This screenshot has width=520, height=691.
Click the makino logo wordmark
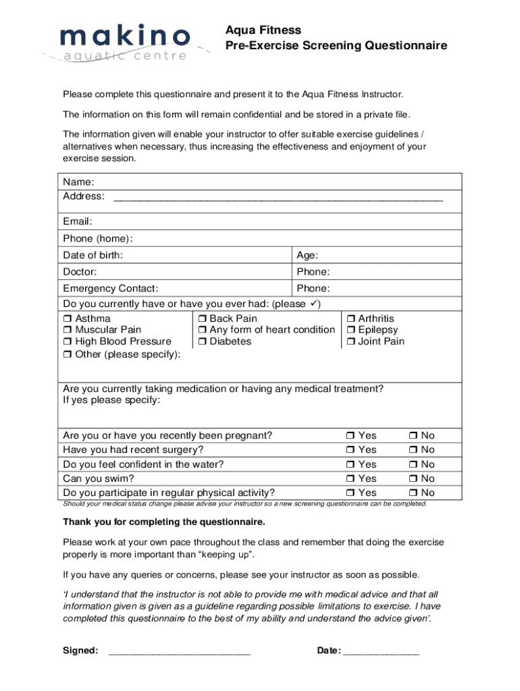click(125, 36)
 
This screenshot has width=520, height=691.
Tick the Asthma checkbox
click(68, 319)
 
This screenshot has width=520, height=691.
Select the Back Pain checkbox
click(202, 319)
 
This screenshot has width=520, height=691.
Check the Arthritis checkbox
click(350, 319)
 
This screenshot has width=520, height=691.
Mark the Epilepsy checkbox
click(350, 331)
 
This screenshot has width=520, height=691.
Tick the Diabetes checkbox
click(202, 342)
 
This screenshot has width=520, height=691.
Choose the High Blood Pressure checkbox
click(68, 342)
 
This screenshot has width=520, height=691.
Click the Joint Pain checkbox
click(350, 342)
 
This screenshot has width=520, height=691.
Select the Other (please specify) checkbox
click(68, 355)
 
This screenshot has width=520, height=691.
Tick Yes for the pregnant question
click(350, 436)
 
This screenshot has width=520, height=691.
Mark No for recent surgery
click(413, 450)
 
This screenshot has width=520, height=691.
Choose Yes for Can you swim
click(350, 479)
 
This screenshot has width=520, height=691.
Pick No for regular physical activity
click(413, 493)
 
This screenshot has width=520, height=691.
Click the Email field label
click(78, 221)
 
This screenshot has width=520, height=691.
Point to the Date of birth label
click(93, 255)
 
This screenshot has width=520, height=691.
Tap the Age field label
click(307, 255)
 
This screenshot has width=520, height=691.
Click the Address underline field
click(278, 198)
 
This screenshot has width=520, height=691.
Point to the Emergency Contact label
click(111, 289)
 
